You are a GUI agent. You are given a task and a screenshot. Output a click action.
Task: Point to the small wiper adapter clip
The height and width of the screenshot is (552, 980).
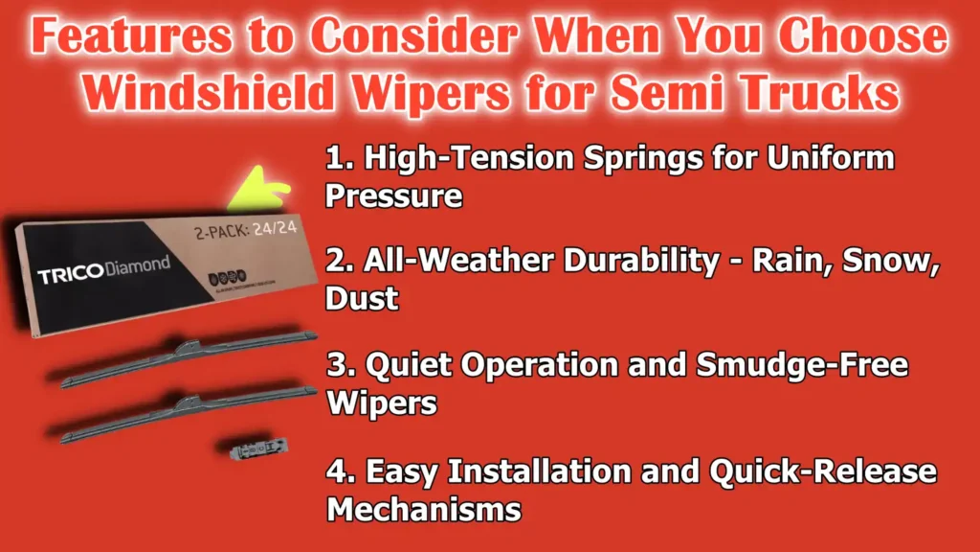[251, 445]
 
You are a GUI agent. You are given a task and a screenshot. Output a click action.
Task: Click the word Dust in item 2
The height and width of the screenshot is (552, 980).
[362, 299]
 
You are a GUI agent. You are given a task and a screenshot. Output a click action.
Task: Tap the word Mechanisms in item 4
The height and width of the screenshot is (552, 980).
[423, 508]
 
